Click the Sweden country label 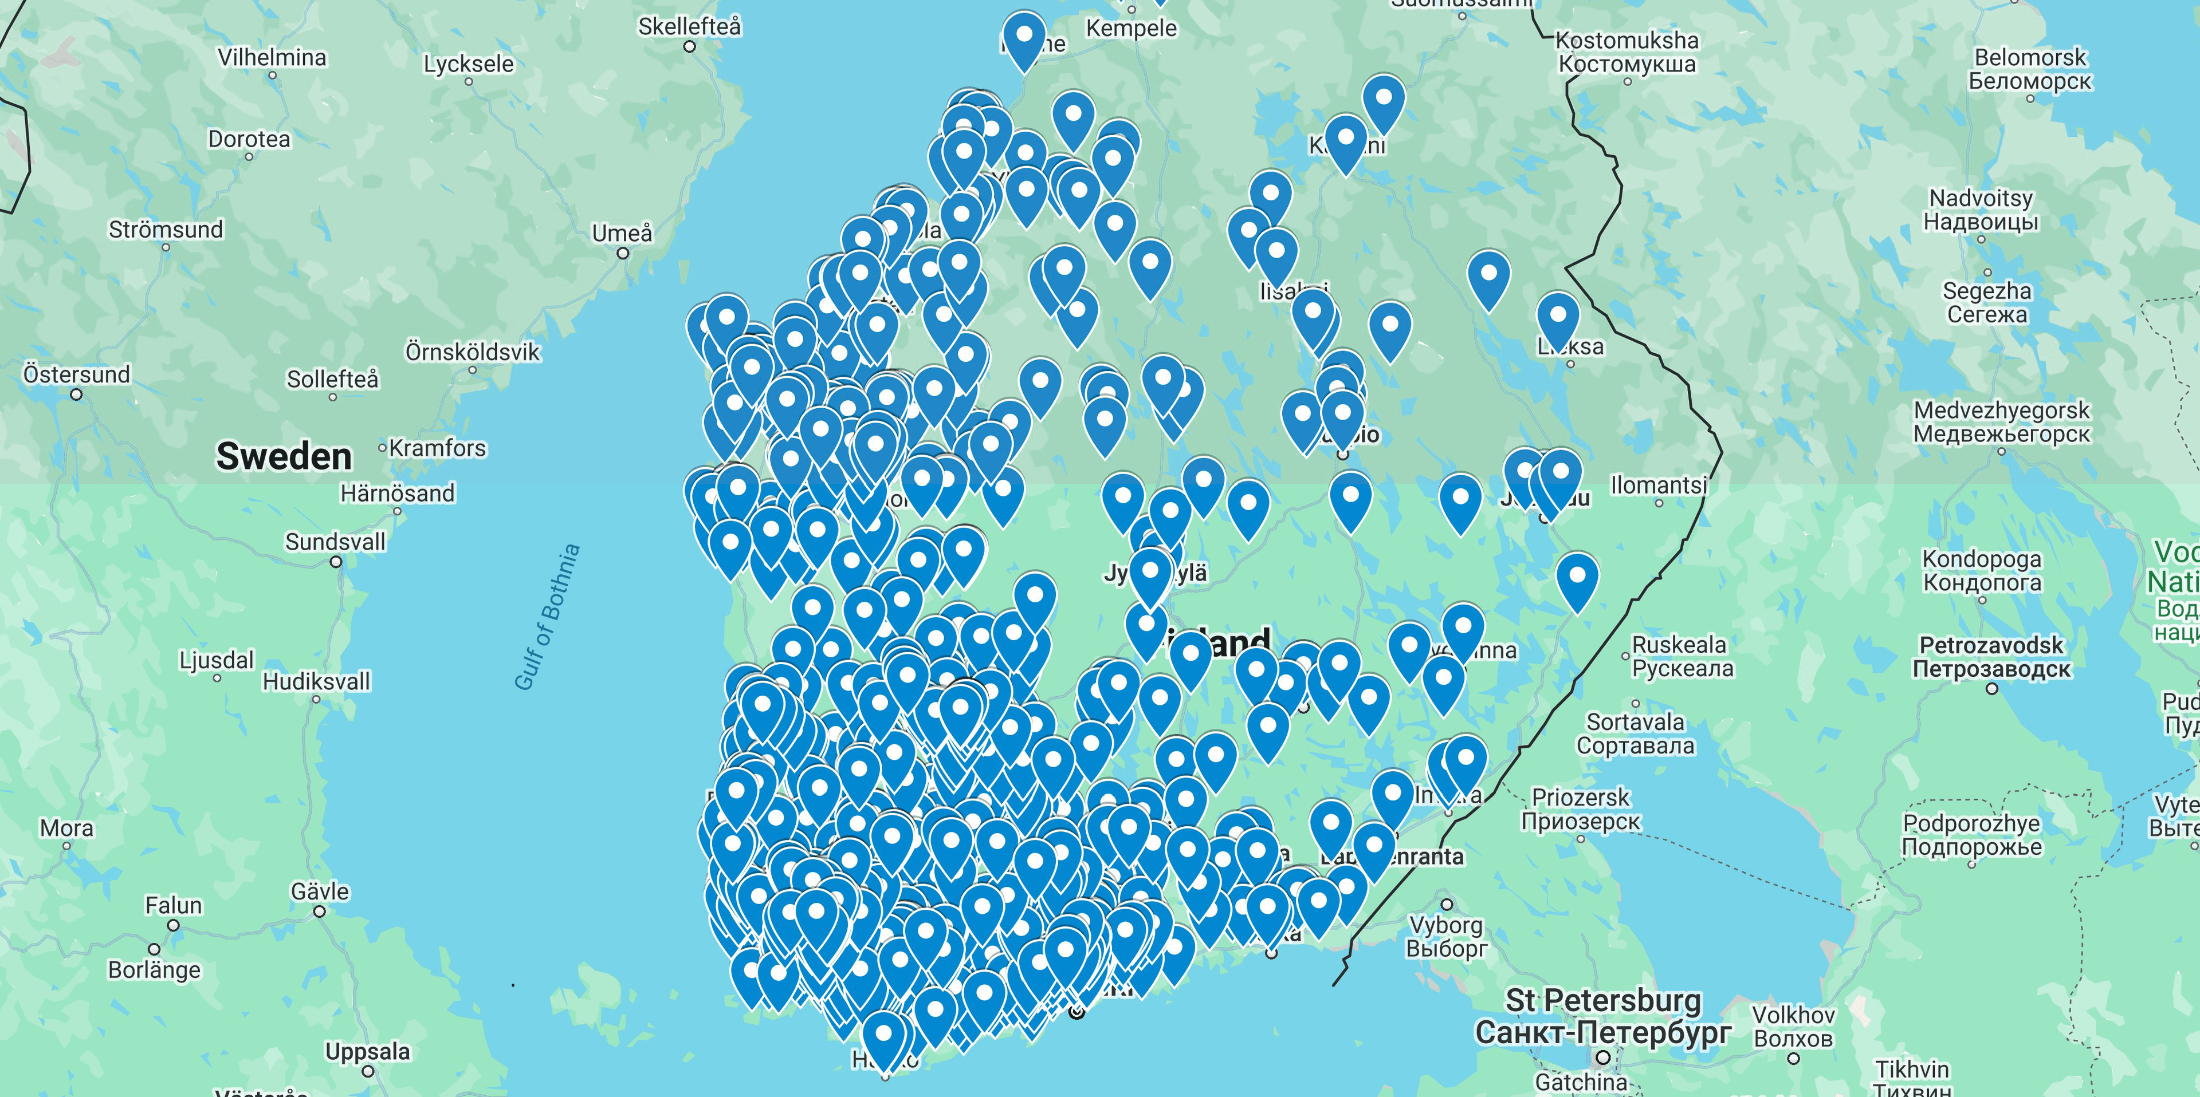click(x=284, y=457)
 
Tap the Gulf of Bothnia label click(x=548, y=617)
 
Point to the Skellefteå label click(x=689, y=26)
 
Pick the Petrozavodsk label click(x=1991, y=645)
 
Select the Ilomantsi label click(x=1659, y=485)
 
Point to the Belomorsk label click(x=2030, y=58)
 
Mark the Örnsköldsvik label click(x=472, y=352)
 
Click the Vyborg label click(x=1446, y=925)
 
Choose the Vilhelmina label click(x=272, y=57)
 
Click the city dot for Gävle click(x=320, y=911)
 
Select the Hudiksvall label click(x=316, y=681)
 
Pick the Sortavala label click(x=1636, y=722)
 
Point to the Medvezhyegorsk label click(x=2001, y=411)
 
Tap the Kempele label click(x=1131, y=28)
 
